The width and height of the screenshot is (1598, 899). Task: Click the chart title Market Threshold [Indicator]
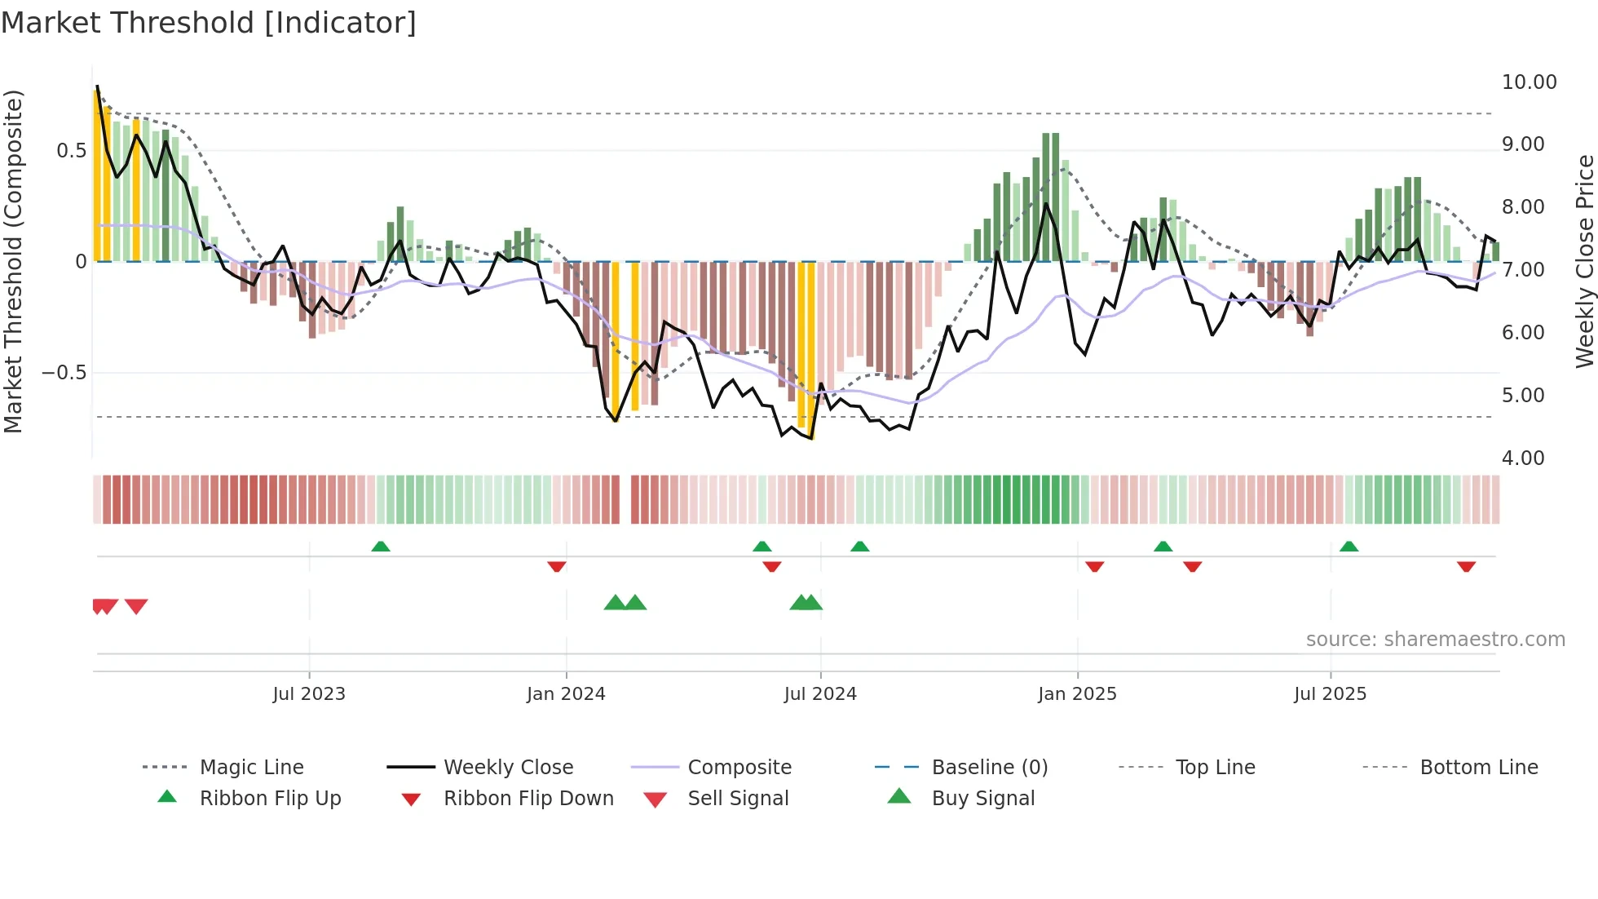click(209, 23)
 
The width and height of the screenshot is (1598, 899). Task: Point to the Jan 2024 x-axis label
click(566, 694)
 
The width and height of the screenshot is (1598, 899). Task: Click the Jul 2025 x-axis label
click(1330, 694)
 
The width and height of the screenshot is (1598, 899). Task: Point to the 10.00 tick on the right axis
click(1529, 82)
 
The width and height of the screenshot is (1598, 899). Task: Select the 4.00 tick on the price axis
click(1522, 458)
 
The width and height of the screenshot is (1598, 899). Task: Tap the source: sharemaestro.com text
click(1435, 640)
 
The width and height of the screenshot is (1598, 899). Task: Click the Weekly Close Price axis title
click(1584, 261)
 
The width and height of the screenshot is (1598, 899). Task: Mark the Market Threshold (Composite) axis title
click(13, 261)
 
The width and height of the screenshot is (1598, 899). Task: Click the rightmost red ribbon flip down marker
click(1466, 566)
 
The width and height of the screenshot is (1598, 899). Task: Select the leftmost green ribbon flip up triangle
click(380, 547)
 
